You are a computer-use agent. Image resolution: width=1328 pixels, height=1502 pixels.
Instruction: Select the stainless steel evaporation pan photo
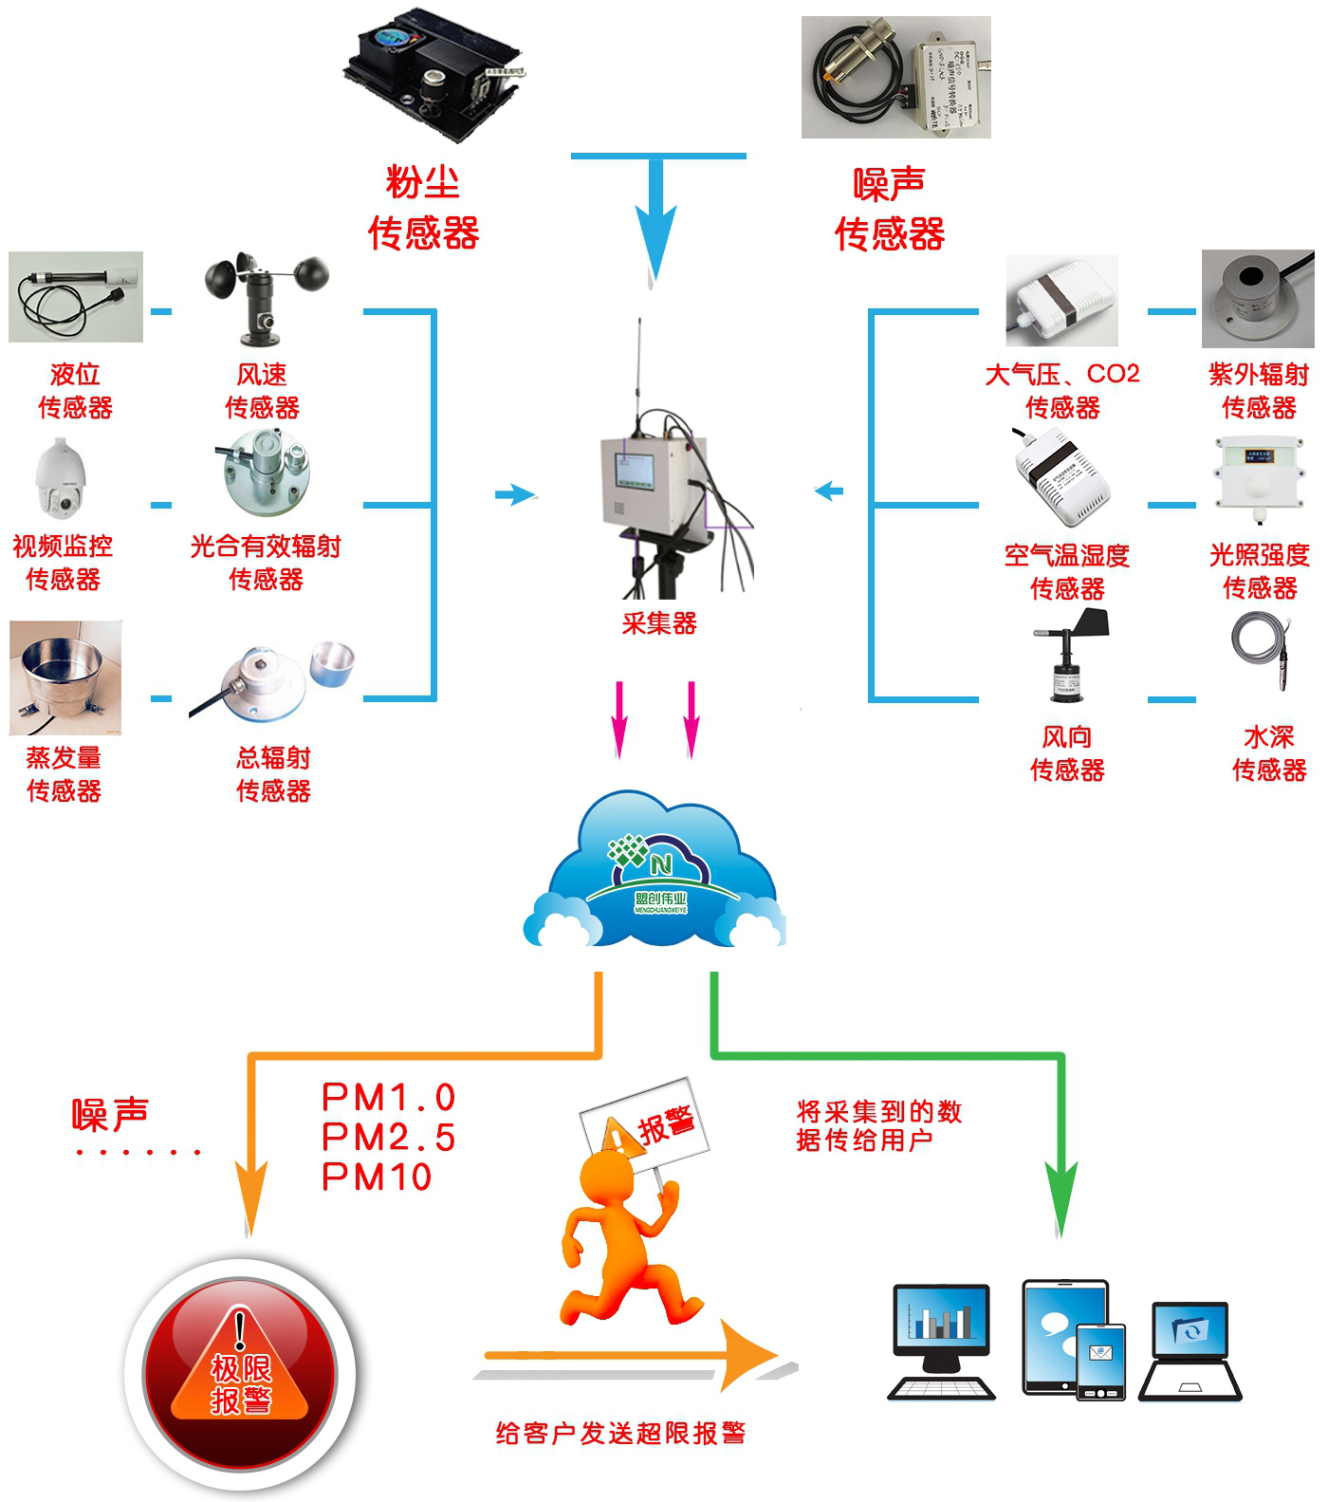pos(65,677)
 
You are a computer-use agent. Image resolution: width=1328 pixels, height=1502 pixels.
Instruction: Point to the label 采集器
pos(659,623)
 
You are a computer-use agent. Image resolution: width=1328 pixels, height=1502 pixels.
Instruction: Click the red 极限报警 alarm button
pos(240,1374)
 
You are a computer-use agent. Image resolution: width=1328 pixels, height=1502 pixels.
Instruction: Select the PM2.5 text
pos(389,1137)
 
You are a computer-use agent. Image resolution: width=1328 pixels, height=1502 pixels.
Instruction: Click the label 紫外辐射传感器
pos(1259,391)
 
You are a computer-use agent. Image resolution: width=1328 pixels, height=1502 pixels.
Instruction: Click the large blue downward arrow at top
pos(655,228)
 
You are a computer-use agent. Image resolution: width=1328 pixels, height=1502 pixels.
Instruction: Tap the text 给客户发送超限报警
pos(620,1433)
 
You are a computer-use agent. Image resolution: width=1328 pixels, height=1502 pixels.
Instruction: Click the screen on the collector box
pos(634,472)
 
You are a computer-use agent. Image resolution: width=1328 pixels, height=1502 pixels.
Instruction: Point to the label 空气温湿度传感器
pos(1067,572)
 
